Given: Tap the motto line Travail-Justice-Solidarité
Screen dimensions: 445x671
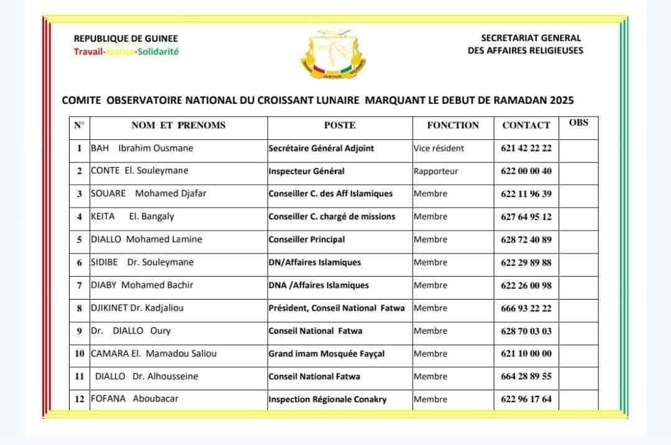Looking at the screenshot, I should (x=126, y=52).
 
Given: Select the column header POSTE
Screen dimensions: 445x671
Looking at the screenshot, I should (x=340, y=125).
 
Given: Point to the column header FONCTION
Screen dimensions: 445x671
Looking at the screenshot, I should (x=453, y=125).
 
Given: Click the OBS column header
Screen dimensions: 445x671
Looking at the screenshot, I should (x=578, y=122).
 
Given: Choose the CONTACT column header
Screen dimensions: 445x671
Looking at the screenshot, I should (x=526, y=125).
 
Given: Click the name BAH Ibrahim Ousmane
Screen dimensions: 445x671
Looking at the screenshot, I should (x=142, y=148).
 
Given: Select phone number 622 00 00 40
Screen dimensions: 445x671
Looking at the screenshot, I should (x=526, y=171).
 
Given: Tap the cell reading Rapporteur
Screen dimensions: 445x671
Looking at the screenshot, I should (x=436, y=171).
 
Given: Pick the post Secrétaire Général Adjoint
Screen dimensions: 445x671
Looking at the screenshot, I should (x=321, y=149).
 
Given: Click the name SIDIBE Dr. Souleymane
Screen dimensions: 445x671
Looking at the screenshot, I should (x=142, y=262).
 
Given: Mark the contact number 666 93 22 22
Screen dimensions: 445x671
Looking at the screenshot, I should (x=526, y=308).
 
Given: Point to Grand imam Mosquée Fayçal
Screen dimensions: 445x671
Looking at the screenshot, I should (x=327, y=354).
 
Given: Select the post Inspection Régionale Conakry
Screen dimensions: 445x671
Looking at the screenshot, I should (x=327, y=399).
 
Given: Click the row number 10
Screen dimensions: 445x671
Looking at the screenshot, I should (x=80, y=354).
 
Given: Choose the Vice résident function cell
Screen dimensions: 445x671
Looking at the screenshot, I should (x=439, y=149).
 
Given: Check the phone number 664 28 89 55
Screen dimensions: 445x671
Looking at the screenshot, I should (x=526, y=377).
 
